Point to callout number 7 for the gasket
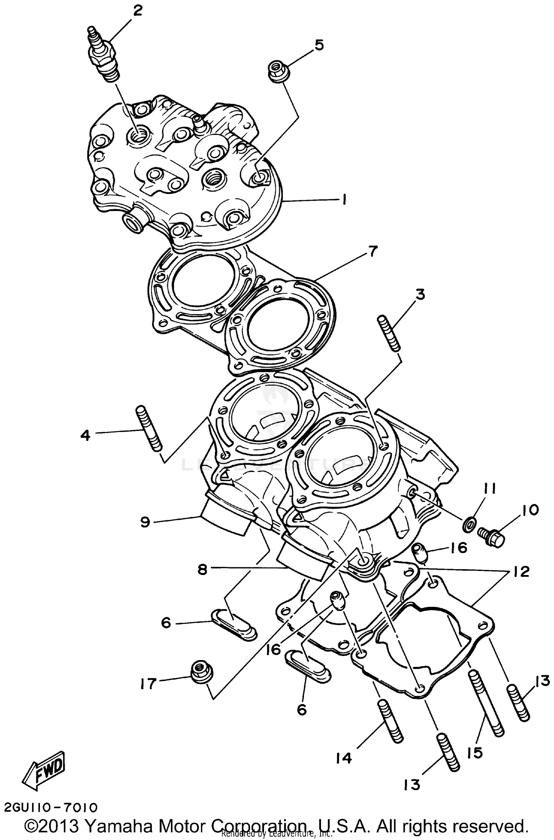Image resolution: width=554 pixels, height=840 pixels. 372,252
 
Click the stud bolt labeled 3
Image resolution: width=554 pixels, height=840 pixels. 389,333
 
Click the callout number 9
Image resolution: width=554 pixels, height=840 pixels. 146,522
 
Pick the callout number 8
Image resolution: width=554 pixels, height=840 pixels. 202,569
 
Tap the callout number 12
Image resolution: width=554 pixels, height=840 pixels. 521,571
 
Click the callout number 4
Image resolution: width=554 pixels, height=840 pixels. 85,436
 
